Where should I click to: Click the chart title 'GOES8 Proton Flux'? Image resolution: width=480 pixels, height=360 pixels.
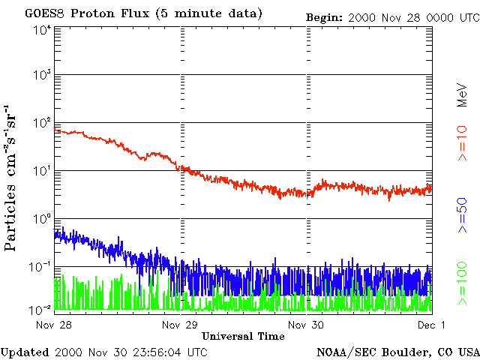[x=97, y=13]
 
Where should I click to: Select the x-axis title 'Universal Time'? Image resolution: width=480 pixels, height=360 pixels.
[x=243, y=336]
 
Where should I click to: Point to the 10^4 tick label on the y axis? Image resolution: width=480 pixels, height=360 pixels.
[x=41, y=29]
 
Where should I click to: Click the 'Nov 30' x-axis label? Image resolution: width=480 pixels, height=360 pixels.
[x=308, y=325]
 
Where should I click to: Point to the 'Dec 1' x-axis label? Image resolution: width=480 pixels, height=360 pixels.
[x=431, y=325]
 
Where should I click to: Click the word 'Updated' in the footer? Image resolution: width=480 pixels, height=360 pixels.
[x=25, y=352]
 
